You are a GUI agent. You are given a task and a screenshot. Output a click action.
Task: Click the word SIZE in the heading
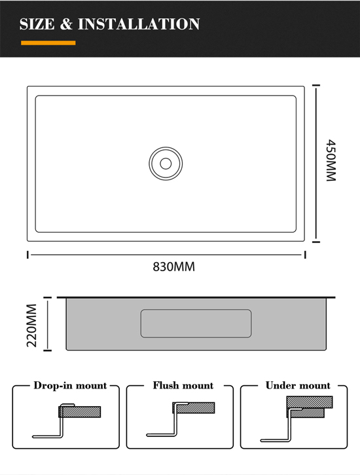[37, 24]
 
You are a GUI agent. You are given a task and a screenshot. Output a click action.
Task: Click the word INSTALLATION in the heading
[139, 24]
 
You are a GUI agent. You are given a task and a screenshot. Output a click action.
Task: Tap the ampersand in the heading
[66, 24]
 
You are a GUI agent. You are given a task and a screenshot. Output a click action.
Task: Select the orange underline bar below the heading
[48, 43]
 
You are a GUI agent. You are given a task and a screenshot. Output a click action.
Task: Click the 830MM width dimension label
[174, 267]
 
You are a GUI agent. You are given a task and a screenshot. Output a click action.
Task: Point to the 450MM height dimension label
[331, 161]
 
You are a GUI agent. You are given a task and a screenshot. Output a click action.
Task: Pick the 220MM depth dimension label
[32, 326]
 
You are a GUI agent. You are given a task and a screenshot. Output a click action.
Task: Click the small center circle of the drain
[166, 164]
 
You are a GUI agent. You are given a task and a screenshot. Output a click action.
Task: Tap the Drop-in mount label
[70, 385]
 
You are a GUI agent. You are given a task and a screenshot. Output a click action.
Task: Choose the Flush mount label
[183, 385]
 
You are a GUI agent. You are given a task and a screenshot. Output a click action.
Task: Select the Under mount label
[298, 385]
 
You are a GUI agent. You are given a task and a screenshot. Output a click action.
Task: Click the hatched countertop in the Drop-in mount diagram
[80, 412]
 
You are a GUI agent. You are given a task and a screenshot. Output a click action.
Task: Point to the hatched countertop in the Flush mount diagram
[194, 408]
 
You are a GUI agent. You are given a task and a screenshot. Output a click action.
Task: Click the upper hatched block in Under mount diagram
[310, 402]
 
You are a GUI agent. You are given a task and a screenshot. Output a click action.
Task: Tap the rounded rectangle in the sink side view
[196, 324]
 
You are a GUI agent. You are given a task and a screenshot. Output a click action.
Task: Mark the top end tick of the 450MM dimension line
[316, 85]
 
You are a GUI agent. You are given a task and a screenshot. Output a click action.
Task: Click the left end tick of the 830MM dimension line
[28, 255]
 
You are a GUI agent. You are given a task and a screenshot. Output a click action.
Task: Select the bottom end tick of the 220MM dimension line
[48, 351]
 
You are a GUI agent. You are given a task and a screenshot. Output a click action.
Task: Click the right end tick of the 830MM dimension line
[305, 255]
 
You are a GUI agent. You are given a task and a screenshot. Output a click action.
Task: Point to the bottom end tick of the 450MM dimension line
[316, 242]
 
